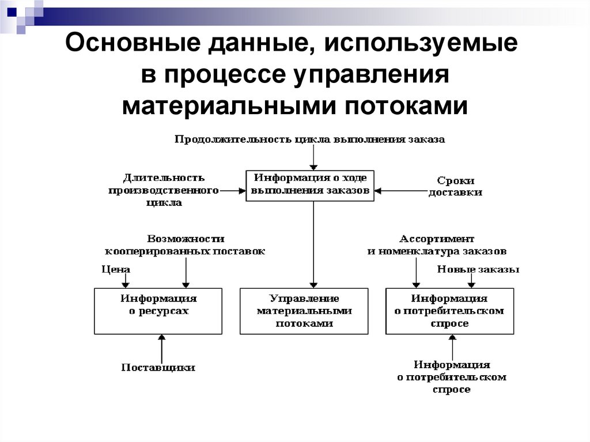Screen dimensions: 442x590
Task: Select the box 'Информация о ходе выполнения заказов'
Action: point(310,185)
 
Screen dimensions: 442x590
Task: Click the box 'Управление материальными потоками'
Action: point(304,311)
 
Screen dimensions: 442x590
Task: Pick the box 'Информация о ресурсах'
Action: point(158,311)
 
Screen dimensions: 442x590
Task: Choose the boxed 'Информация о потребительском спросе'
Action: point(449,311)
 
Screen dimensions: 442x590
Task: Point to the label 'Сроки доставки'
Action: point(455,186)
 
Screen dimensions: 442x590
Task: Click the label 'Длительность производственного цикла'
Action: point(164,190)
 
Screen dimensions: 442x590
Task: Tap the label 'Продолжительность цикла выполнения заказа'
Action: point(310,139)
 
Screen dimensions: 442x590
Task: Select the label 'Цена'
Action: point(116,269)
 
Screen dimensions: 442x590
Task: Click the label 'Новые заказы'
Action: point(478,269)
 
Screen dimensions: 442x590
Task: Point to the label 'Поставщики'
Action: point(158,367)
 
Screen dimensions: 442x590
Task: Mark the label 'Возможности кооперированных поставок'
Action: point(185,245)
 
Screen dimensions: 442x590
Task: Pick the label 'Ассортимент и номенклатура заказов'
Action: point(437,245)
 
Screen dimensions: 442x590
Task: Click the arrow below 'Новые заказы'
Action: point(471,281)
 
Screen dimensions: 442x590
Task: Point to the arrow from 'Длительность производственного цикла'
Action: point(232,190)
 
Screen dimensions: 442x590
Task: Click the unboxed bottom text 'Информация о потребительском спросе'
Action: point(452,377)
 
